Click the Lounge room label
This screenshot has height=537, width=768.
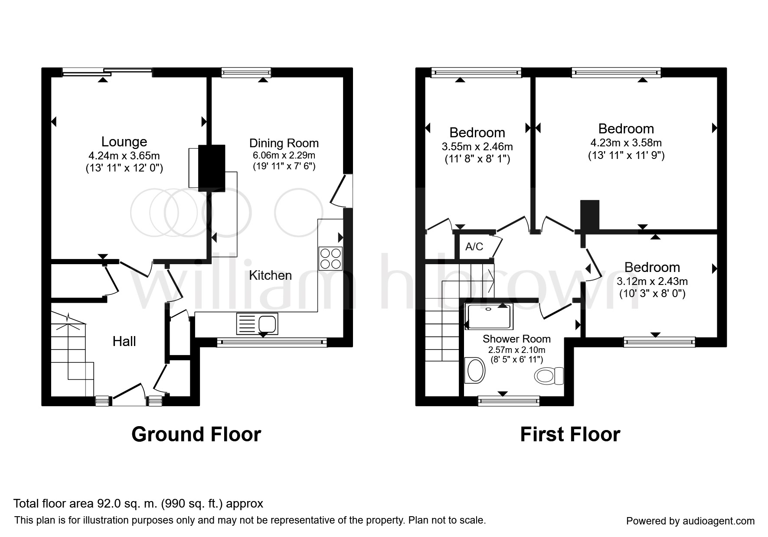[124, 142]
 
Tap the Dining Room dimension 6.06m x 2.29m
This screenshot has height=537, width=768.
[284, 155]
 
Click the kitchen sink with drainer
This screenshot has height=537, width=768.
[257, 324]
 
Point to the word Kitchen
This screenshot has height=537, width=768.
[270, 275]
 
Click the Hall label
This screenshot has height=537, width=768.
[124, 341]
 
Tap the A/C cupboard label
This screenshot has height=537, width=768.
[474, 246]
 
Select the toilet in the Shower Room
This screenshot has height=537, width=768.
[549, 375]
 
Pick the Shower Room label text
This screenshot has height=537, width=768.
[516, 339]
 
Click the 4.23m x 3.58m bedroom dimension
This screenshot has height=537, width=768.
[626, 142]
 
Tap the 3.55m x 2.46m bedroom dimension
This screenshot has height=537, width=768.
[477, 146]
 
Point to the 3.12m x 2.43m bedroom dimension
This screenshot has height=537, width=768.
[652, 281]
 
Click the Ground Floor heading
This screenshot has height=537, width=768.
[196, 434]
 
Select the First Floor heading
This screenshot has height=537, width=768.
[570, 434]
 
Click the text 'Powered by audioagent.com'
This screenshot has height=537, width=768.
[690, 521]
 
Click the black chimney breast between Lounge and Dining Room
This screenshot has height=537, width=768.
[212, 168]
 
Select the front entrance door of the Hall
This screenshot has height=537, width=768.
[129, 395]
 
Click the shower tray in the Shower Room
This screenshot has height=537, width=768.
[489, 316]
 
